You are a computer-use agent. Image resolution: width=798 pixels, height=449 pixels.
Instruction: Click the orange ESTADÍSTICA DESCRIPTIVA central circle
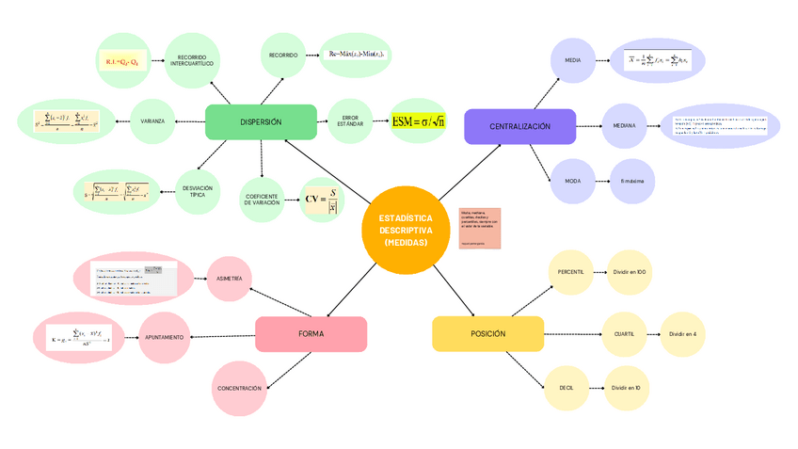[x=406, y=230]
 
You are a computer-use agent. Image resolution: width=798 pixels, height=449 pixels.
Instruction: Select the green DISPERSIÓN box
[x=261, y=121]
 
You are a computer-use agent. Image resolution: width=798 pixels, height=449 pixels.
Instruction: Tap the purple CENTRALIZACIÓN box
[x=519, y=126]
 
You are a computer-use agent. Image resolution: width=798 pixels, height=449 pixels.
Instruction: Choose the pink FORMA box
[x=311, y=333]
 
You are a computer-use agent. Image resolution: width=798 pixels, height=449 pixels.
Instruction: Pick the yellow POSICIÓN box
[x=487, y=333]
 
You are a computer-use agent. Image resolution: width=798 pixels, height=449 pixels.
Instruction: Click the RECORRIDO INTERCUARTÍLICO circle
[x=192, y=60]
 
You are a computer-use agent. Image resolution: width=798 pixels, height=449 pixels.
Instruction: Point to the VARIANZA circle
[x=152, y=120]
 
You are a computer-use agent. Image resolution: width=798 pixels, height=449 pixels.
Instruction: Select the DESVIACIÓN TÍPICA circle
[x=197, y=191]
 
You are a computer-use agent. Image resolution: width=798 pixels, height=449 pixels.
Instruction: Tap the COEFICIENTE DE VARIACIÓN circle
[x=260, y=200]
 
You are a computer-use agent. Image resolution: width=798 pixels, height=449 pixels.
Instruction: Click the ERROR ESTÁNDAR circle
[x=349, y=120]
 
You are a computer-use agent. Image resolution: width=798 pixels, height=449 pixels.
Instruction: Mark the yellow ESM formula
[x=419, y=120]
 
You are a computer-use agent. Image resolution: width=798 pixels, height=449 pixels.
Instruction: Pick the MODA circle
[x=572, y=180]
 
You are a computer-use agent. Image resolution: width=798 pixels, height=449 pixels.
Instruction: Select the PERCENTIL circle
[x=570, y=271]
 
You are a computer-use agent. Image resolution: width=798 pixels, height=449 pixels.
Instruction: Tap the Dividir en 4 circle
[x=682, y=333]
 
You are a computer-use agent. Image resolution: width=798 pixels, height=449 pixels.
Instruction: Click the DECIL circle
[x=567, y=387]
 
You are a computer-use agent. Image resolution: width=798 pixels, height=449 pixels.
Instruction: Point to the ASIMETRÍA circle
[x=229, y=279]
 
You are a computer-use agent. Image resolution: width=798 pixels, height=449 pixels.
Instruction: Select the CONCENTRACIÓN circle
[x=239, y=388]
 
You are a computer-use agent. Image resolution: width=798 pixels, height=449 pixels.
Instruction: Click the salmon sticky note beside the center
[x=480, y=229]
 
